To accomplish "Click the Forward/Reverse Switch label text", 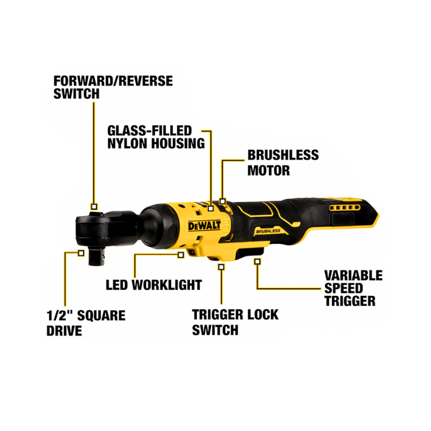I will click(x=113, y=87).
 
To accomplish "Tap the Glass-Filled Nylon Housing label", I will click(x=156, y=137).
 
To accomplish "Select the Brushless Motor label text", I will click(x=283, y=163).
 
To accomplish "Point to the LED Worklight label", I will click(x=154, y=285).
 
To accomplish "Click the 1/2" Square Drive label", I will click(x=86, y=322).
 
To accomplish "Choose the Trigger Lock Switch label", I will click(x=235, y=322).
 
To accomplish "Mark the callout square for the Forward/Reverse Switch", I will click(x=94, y=206).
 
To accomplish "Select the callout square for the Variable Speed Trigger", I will click(x=258, y=261).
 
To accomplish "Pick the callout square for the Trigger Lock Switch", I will click(x=220, y=266).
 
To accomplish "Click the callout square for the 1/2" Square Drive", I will click(x=81, y=252).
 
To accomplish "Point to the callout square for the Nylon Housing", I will click(x=211, y=207).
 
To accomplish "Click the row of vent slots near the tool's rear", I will click(x=345, y=207).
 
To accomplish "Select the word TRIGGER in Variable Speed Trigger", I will click(x=350, y=301).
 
